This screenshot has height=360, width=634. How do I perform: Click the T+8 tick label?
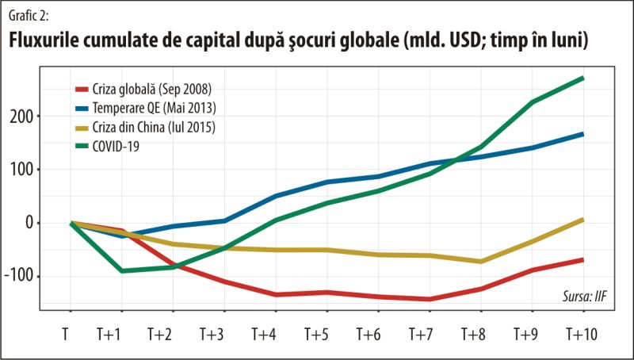(479, 334)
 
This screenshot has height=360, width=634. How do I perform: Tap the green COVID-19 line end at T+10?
(582, 78)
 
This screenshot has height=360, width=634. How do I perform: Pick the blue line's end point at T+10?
(582, 134)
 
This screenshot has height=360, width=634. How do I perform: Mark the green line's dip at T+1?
(121, 270)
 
